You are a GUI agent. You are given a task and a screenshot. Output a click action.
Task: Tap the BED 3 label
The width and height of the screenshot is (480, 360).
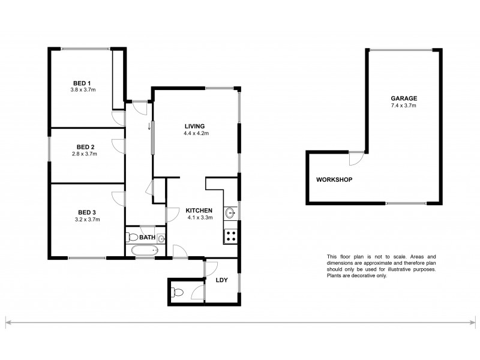coord(86,212)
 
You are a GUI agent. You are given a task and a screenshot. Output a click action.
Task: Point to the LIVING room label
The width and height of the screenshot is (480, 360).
coord(194,126)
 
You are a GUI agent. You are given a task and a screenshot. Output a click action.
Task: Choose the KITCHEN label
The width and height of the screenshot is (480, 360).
coord(199,210)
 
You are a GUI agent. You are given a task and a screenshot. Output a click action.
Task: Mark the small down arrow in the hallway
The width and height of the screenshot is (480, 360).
coord(149,127)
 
